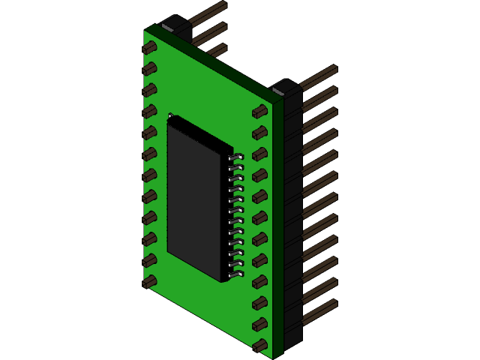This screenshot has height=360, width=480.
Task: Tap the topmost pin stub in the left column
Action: [x=149, y=47]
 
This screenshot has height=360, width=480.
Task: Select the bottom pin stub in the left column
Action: [x=149, y=281]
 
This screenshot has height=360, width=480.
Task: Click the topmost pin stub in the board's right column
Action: [x=259, y=112]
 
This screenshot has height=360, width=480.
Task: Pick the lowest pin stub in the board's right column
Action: [x=259, y=346]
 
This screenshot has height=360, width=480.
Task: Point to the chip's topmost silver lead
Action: [x=237, y=157]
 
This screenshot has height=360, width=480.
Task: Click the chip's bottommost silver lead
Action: [x=237, y=274]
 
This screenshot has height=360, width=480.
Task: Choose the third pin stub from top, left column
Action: [x=149, y=90]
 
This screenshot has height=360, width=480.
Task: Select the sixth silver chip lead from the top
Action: [x=237, y=211]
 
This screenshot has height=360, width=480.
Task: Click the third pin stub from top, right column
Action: [x=259, y=154]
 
